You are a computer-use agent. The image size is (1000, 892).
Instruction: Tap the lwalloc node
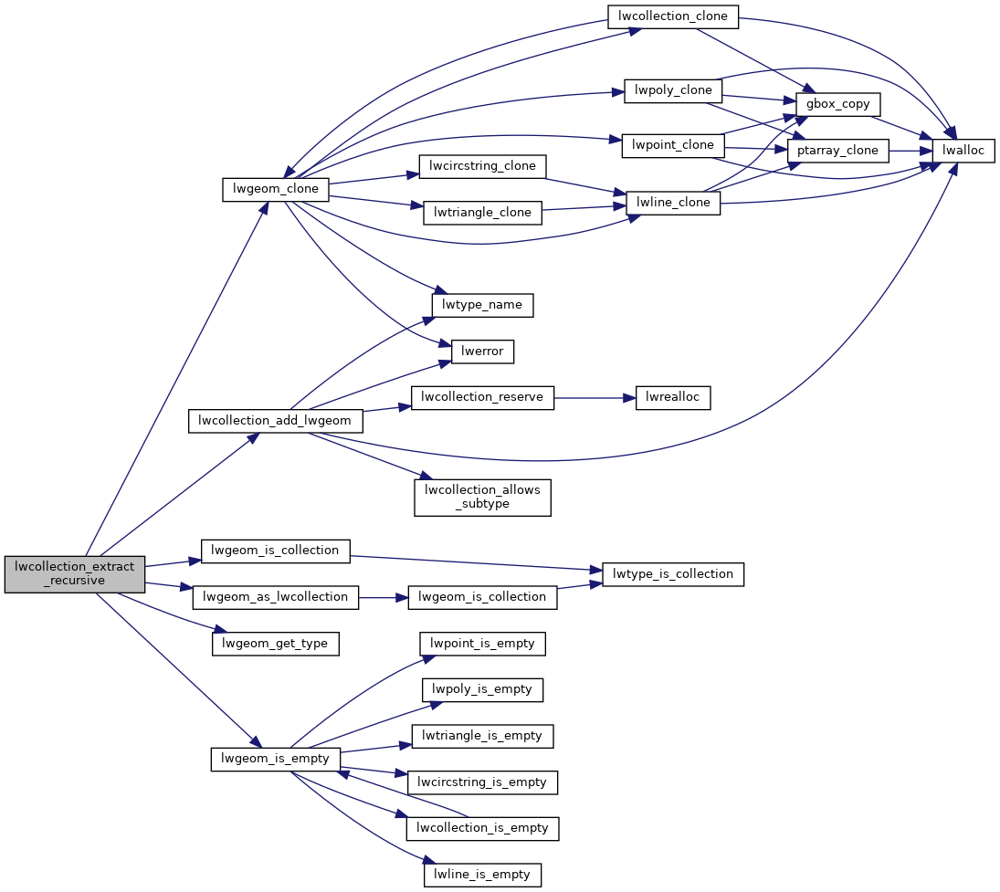tap(963, 150)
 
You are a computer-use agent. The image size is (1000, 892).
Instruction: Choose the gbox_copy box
tap(838, 103)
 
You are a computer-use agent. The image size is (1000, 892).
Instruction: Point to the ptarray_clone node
tap(837, 150)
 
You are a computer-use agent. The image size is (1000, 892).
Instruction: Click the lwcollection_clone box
tap(673, 16)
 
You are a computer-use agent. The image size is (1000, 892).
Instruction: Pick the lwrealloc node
tap(673, 397)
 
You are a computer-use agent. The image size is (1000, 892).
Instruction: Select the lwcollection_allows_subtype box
tap(482, 497)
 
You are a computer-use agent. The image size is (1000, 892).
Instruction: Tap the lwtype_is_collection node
tap(673, 574)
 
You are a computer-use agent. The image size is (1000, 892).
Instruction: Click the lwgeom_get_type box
tap(276, 643)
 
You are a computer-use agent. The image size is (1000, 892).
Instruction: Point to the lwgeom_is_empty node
tap(276, 759)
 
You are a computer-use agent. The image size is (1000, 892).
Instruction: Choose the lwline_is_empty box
tap(482, 874)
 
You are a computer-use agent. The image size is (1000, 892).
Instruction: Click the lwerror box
tap(482, 351)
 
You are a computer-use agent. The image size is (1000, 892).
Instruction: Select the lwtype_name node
tap(482, 304)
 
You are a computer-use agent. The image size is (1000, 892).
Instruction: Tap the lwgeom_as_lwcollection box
tap(276, 597)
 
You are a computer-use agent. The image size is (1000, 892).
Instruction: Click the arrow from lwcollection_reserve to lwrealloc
tap(594, 397)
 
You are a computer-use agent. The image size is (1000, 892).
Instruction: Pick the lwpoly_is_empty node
tap(482, 689)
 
